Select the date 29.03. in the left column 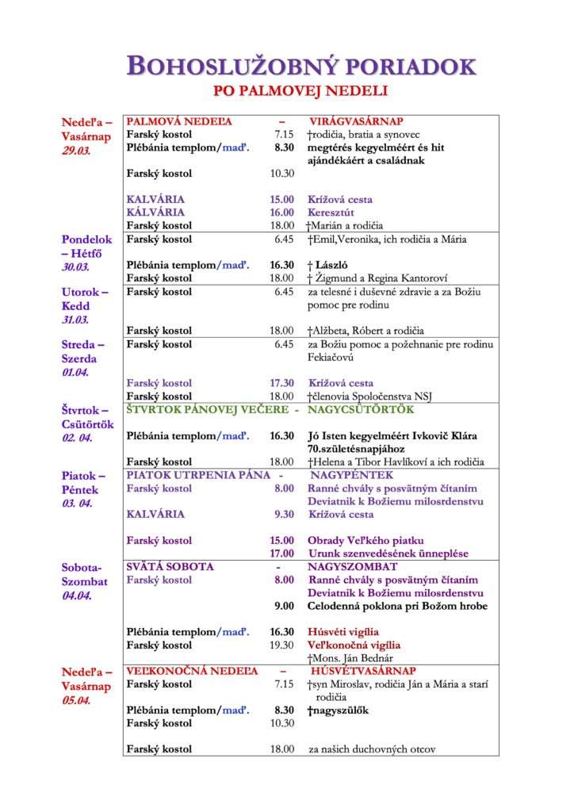click(x=76, y=149)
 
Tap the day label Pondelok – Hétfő click(x=87, y=246)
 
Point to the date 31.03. click(x=76, y=320)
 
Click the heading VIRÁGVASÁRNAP click(x=356, y=122)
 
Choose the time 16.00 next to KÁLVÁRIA click(x=281, y=213)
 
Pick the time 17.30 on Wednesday click(x=281, y=383)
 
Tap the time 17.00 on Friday click(x=281, y=553)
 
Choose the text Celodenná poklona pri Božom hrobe click(x=397, y=606)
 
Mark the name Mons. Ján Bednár click(x=354, y=658)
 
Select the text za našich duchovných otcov click(x=372, y=749)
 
